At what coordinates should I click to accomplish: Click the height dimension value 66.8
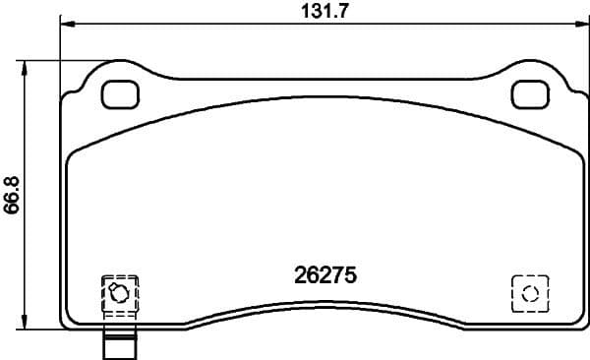pos(13,192)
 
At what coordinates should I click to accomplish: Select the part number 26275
pos(324,276)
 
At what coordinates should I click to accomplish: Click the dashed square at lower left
pos(121,293)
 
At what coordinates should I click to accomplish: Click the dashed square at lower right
pos(529,292)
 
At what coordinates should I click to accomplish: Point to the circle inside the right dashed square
pos(529,292)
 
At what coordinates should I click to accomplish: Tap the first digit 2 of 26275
pos(300,276)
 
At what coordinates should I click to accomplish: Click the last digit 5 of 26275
pos(348,276)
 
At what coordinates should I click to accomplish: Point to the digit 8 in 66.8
pos(13,175)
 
